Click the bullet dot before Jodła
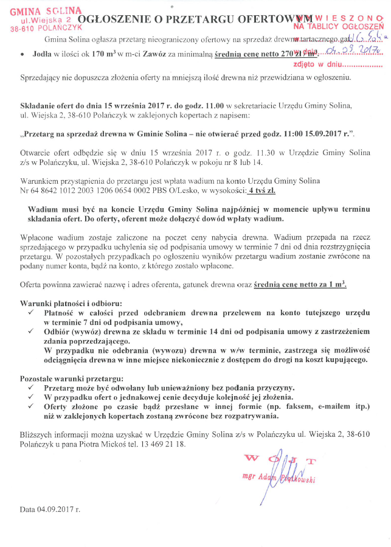pos(22,54)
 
